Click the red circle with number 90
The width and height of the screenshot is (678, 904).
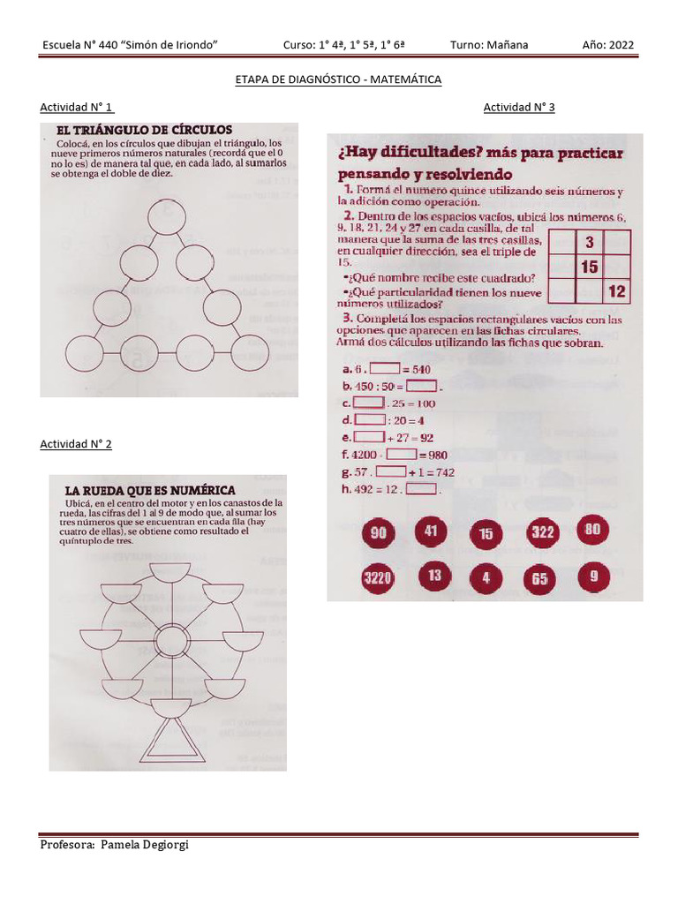click(x=378, y=534)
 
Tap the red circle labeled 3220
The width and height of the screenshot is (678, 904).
click(x=377, y=579)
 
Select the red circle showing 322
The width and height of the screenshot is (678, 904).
click(x=541, y=532)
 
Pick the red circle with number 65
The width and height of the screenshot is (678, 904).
click(x=539, y=580)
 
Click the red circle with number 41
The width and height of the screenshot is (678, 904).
click(x=432, y=532)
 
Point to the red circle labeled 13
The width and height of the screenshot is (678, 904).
click(x=434, y=576)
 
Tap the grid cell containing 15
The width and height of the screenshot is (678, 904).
click(x=589, y=267)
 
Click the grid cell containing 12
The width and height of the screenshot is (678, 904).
click(x=616, y=290)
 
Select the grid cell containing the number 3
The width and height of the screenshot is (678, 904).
click(x=589, y=242)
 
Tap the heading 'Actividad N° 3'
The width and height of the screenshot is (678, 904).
click(x=519, y=108)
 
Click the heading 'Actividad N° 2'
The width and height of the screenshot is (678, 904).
click(x=76, y=444)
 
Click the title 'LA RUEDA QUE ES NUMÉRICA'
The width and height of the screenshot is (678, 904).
click(x=150, y=490)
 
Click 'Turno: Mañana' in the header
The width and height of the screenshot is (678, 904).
click(x=490, y=46)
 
